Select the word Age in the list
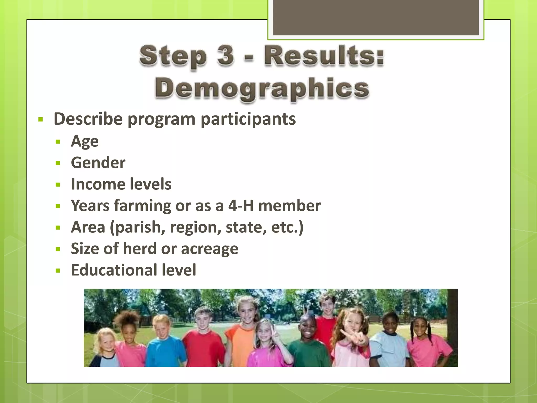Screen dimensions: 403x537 coord(85,142)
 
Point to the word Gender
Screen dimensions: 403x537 coord(98,163)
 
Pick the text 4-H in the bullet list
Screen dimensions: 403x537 coord(241,205)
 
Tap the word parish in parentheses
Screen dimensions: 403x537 coord(139,227)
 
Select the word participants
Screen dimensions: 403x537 coord(248,119)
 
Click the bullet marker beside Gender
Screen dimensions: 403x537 coord(58,163)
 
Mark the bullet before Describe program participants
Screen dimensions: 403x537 coord(40,120)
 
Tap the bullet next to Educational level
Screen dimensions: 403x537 coord(58,271)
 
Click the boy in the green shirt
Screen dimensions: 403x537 coord(309,344)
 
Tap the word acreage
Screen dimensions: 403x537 coord(210,249)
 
